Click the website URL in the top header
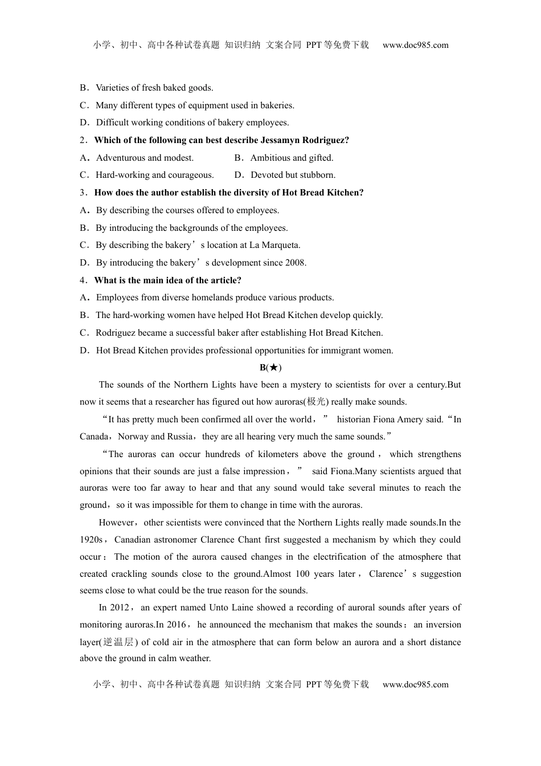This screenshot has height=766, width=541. click(x=415, y=45)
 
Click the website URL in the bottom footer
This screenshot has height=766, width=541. click(x=415, y=684)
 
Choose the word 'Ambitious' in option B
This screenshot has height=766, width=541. click(x=270, y=158)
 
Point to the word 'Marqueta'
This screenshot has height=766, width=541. click(x=281, y=245)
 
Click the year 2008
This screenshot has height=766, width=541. click(x=295, y=263)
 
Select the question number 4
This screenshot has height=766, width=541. click(x=83, y=280)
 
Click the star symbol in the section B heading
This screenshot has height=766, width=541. click(x=273, y=368)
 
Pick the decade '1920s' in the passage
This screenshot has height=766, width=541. click(x=91, y=540)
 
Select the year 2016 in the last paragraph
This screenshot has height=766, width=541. click(x=176, y=625)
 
